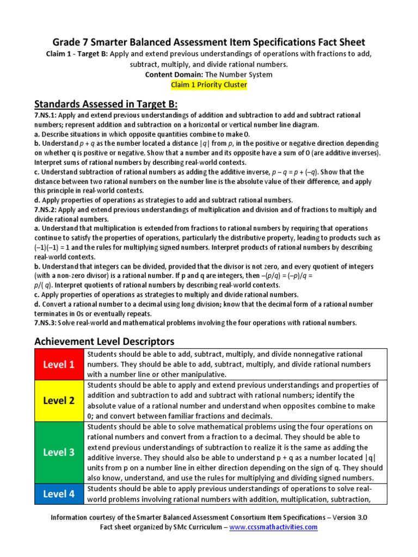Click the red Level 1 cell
tap(58, 364)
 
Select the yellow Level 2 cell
tap(58, 400)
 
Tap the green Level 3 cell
tap(58, 452)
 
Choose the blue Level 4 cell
tap(58, 494)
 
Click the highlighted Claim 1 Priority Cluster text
tap(209, 85)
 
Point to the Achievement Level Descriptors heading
tap(104, 342)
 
